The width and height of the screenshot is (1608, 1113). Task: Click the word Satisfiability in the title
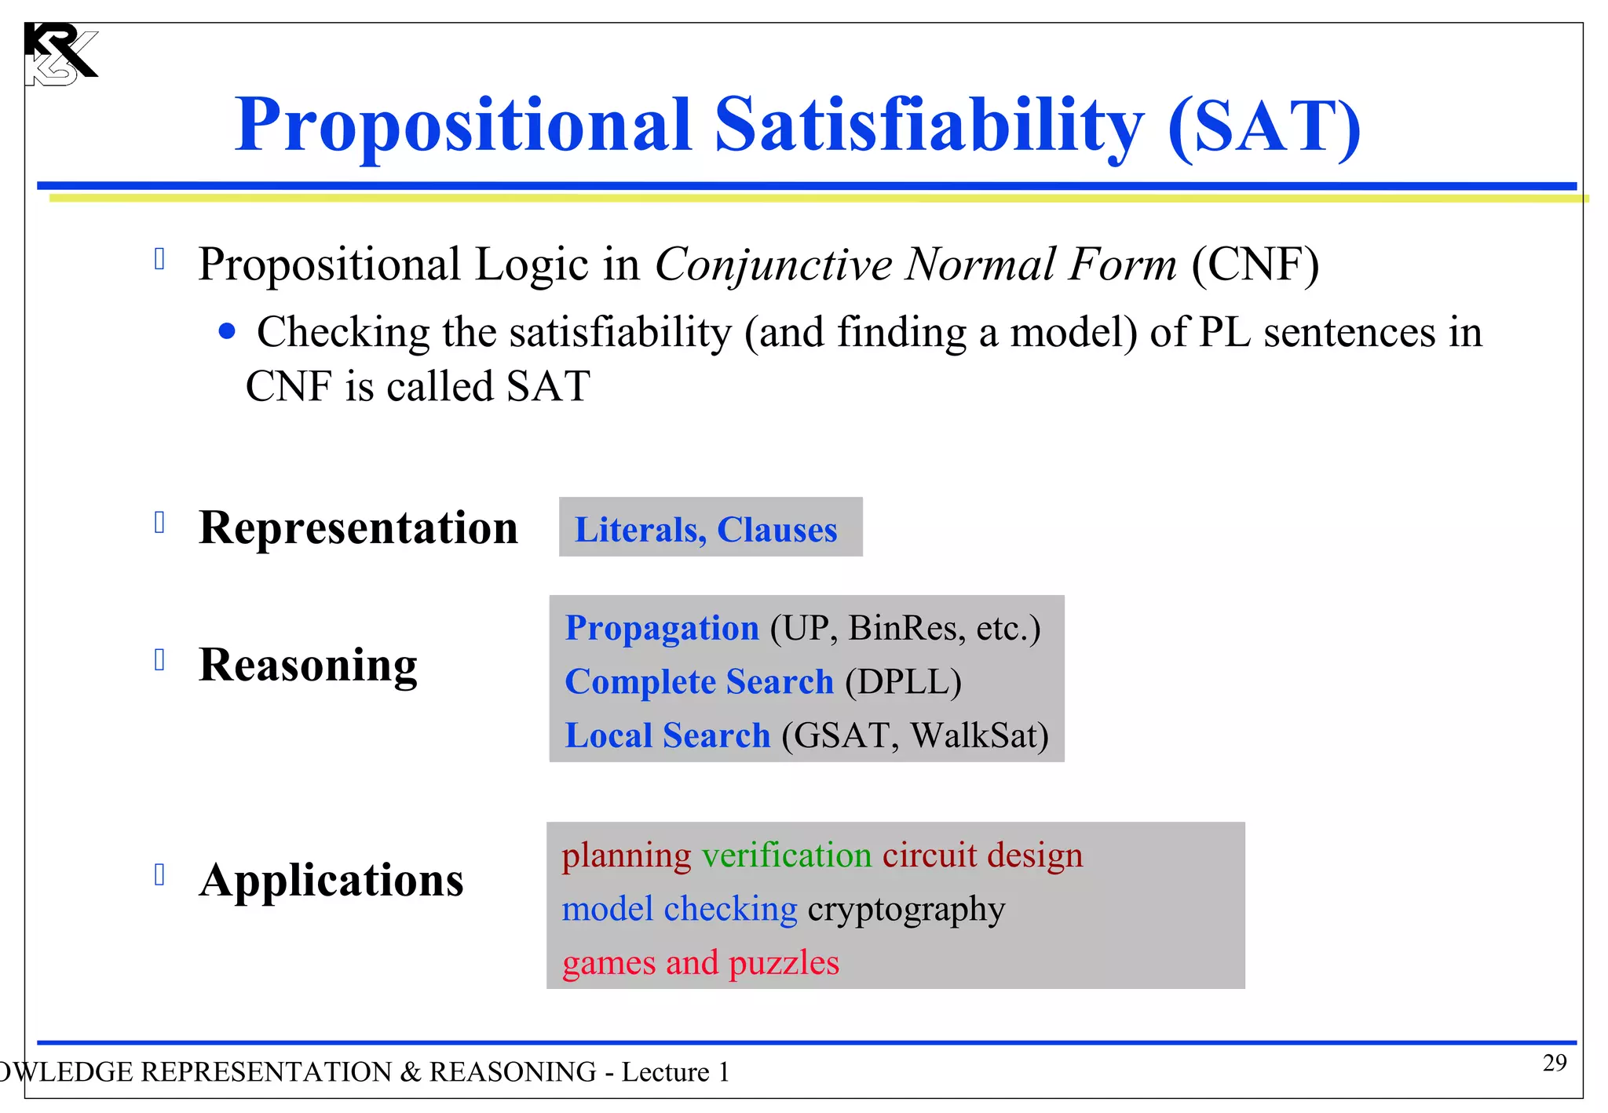click(929, 126)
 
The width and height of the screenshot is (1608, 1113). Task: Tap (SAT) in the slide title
click(1263, 126)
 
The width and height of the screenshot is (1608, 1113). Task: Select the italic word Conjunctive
click(773, 264)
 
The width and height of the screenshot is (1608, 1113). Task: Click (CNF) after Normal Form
click(1255, 264)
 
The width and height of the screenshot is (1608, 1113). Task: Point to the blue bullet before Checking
click(227, 332)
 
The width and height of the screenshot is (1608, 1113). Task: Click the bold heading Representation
click(358, 527)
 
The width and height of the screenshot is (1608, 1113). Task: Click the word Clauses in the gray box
click(777, 530)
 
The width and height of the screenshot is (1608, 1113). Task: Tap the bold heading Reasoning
click(308, 666)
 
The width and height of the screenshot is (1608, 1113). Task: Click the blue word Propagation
click(662, 628)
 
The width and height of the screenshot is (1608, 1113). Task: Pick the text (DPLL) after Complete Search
click(903, 681)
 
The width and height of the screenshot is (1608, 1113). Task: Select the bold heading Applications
click(331, 881)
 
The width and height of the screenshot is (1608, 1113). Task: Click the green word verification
click(786, 856)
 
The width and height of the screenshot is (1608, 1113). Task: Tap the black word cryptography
click(906, 910)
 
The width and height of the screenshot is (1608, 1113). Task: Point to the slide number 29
click(1554, 1063)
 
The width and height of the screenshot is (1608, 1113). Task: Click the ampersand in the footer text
click(410, 1072)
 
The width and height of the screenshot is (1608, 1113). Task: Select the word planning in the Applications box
click(626, 856)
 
